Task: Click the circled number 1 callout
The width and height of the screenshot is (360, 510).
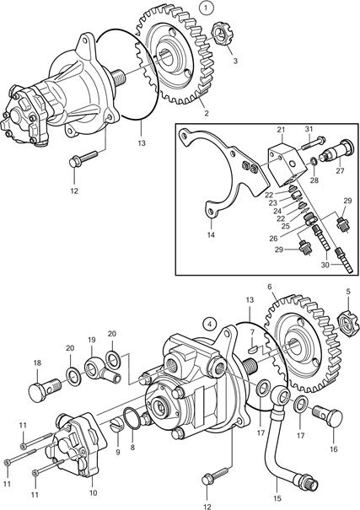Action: pos(207,8)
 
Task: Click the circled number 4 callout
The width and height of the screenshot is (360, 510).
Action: pos(209,324)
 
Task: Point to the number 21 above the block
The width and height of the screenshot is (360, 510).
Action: pos(281,130)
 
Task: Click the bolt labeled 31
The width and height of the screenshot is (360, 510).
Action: pos(314,142)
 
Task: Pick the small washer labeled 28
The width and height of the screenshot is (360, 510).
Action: pos(314,161)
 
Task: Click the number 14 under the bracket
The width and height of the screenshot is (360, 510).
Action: pos(211,234)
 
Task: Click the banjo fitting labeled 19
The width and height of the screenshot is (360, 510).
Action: pos(100,371)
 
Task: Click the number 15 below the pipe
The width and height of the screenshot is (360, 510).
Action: pos(277,498)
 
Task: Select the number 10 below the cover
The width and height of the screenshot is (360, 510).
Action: pos(94,493)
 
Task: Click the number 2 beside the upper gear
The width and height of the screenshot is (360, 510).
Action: pos(207,114)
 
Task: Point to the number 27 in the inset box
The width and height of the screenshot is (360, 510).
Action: pos(340,170)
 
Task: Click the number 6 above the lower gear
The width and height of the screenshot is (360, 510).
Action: pos(270,287)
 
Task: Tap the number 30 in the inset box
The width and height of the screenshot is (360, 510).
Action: pos(325,265)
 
